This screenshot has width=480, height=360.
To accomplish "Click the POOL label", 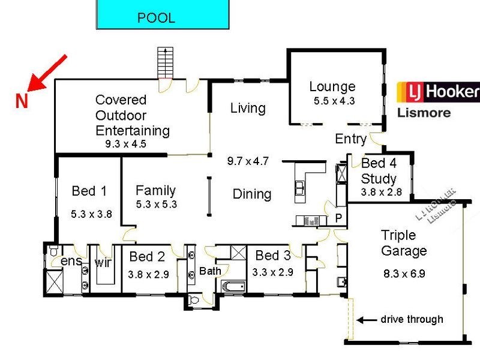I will (x=156, y=17).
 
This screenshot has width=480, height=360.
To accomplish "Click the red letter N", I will (x=22, y=102).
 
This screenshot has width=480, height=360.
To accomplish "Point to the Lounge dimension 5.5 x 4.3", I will (x=334, y=101).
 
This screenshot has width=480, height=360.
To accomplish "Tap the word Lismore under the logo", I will (x=424, y=113).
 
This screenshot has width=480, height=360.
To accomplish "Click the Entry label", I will (x=350, y=139).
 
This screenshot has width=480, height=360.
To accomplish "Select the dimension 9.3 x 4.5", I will (x=125, y=144).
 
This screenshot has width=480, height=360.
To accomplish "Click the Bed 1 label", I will (x=89, y=191).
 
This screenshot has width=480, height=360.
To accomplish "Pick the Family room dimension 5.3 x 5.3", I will (x=156, y=204).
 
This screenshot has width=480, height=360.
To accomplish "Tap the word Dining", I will (x=252, y=194).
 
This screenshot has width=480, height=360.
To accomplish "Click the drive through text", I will (x=412, y=319).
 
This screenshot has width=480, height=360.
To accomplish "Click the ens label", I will (x=71, y=262).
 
